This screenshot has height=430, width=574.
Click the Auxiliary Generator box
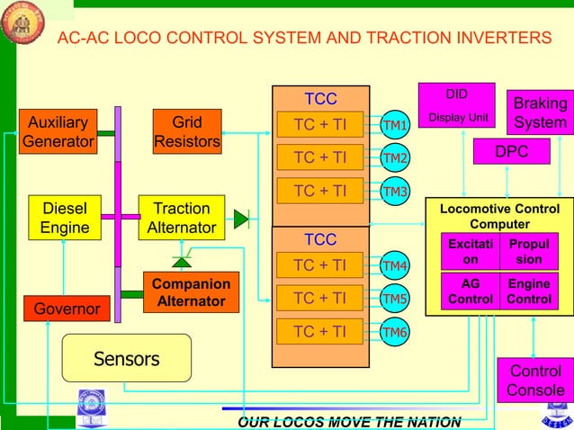58,132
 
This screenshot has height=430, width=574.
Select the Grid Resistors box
186,132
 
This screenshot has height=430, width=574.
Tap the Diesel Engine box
65,218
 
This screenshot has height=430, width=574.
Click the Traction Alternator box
182,218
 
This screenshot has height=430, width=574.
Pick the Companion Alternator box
191,292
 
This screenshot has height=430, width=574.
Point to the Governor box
66,309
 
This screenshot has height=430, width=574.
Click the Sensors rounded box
126,359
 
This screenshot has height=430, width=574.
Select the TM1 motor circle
394,125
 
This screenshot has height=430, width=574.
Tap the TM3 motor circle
394,192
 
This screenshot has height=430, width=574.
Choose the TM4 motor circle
394,265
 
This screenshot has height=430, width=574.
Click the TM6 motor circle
394,333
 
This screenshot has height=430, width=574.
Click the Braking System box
540,112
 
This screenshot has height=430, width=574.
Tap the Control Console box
535,381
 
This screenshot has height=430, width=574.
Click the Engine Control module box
528,291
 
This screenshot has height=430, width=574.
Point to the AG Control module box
470,291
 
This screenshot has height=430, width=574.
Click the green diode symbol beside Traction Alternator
240,218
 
